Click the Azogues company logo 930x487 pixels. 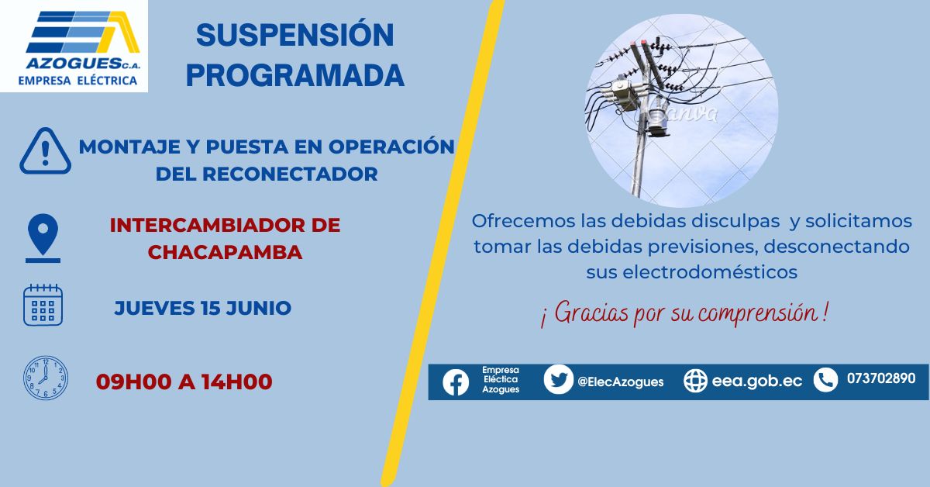pyautogui.click(x=74, y=46)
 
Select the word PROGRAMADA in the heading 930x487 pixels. pyautogui.click(x=294, y=75)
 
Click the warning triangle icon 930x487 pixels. pyautogui.click(x=45, y=151)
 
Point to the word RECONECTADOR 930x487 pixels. pyautogui.click(x=290, y=174)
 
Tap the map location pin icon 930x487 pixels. pyautogui.click(x=43, y=238)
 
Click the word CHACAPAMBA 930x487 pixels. pyautogui.click(x=225, y=252)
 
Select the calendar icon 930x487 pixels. pyautogui.click(x=43, y=305)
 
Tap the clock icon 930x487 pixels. pyautogui.click(x=45, y=378)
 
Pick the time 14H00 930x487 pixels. pyautogui.click(x=237, y=382)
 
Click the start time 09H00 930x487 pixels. pyautogui.click(x=133, y=382)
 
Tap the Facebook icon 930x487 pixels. pyautogui.click(x=456, y=382)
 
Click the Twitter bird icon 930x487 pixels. pyautogui.click(x=559, y=379)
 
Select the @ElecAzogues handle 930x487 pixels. pyautogui.click(x=620, y=382)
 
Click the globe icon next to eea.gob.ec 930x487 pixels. pyautogui.click(x=695, y=381)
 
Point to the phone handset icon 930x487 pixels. pyautogui.click(x=825, y=380)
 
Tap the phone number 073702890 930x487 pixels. pyautogui.click(x=881, y=378)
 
